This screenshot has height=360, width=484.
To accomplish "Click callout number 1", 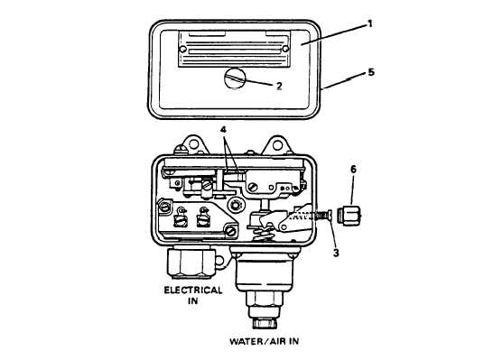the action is (370, 23).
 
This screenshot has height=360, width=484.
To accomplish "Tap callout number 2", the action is (279, 86).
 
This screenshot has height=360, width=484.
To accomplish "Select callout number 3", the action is (336, 253).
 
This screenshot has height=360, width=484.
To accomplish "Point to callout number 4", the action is (223, 130).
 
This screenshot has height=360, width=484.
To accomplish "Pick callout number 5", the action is (371, 72).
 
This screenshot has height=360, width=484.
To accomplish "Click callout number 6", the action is (353, 169).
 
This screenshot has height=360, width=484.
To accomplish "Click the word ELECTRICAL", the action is (193, 291).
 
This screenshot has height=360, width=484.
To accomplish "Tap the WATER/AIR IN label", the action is (264, 341).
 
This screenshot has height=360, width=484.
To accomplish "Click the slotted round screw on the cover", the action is (235, 78).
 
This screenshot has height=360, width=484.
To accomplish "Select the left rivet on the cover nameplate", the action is (182, 49).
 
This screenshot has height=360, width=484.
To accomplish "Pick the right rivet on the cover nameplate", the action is (285, 49).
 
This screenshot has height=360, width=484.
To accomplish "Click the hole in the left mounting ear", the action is (193, 143).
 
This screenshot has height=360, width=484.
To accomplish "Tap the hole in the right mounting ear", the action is (277, 145).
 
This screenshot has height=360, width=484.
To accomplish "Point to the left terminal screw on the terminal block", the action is (181, 219).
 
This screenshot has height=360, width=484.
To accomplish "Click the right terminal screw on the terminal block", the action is (203, 218).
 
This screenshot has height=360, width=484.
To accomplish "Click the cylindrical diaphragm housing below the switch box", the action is (265, 272).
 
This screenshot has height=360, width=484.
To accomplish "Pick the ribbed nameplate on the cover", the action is (234, 49).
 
